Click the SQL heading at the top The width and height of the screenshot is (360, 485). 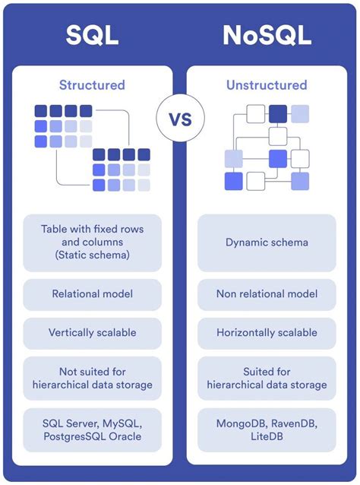[92, 34]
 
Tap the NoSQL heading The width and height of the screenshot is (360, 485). [267, 34]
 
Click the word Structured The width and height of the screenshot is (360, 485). [92, 85]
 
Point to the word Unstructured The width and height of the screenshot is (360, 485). [267, 85]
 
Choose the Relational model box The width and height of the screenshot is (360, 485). [92, 293]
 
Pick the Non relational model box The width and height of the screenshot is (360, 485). [267, 293]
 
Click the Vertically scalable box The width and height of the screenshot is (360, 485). [92, 333]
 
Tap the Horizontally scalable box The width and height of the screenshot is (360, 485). [267, 333]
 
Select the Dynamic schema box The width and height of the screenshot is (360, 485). [267, 242]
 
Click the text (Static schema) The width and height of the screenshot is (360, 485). [92, 256]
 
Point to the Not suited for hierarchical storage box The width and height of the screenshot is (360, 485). [92, 379]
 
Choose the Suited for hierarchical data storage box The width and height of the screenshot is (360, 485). [267, 379]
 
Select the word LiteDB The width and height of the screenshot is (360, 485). [267, 436]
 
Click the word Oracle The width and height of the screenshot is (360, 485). [126, 436]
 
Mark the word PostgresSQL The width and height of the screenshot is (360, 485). [74, 436]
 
